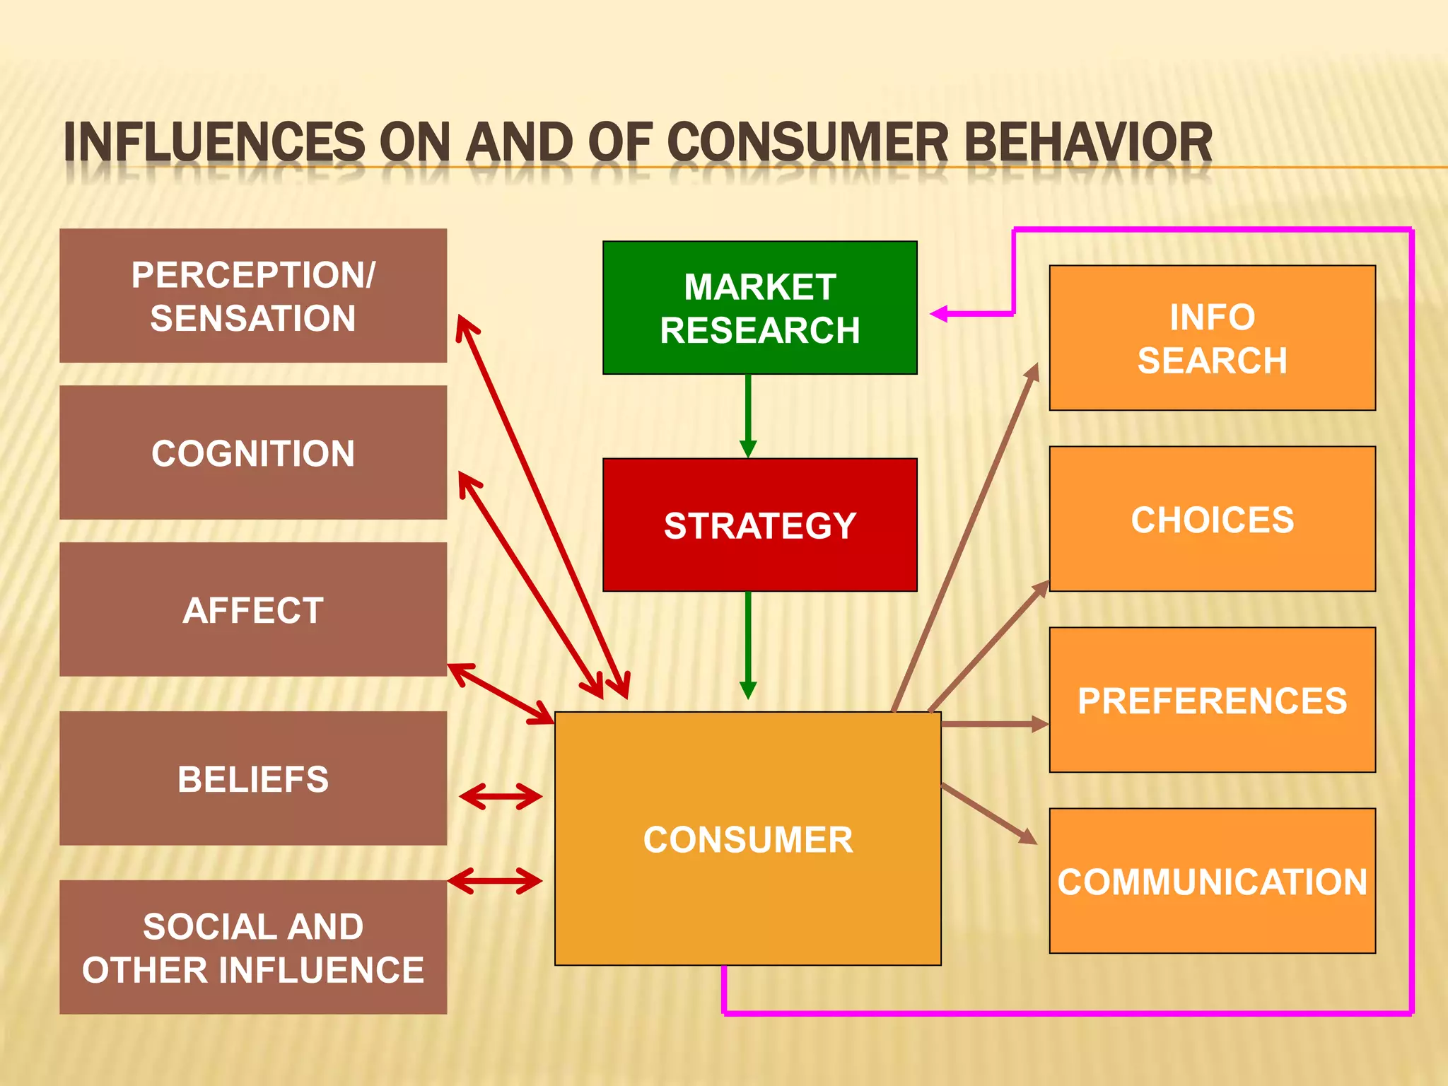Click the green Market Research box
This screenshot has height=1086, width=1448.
(759, 308)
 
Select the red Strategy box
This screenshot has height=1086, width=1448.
(759, 525)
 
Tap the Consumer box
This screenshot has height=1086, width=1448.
(747, 839)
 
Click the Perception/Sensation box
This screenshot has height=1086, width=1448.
(253, 296)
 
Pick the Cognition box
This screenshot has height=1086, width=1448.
(253, 452)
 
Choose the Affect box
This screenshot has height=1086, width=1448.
(253, 609)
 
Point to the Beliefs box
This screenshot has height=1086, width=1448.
(253, 778)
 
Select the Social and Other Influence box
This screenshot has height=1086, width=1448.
(253, 947)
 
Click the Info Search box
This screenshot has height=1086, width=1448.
(1212, 338)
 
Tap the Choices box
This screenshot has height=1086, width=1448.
(1212, 519)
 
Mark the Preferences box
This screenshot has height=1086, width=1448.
(1212, 700)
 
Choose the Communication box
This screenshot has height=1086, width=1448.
(1212, 881)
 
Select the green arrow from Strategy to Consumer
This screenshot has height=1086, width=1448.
(748, 643)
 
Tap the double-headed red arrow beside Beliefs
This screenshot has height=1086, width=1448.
(501, 797)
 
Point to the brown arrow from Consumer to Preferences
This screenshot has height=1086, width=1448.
(993, 724)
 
